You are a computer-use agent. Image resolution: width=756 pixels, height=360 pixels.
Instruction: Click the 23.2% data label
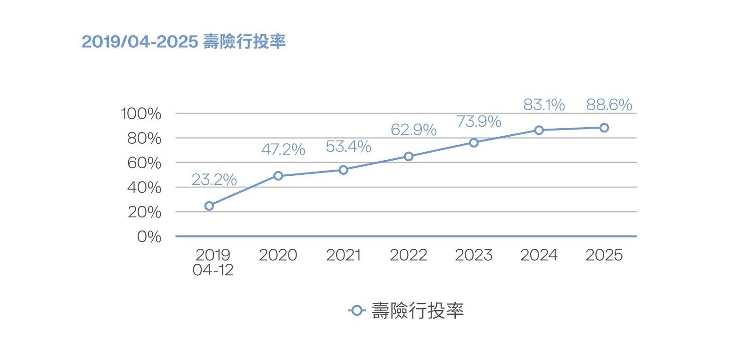(214, 180)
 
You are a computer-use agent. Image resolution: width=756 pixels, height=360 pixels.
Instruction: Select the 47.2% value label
(283, 149)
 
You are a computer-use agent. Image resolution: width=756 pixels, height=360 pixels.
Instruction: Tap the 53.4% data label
(348, 147)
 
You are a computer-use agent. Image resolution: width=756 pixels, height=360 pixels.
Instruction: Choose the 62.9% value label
(413, 130)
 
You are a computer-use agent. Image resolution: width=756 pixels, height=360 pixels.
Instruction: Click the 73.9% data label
(479, 122)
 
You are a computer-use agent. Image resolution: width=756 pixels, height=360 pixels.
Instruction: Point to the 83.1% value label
(544, 105)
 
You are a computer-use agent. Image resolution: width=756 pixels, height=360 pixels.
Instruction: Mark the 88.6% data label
(609, 105)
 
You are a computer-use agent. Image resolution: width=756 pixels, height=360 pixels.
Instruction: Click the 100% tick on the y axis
(141, 114)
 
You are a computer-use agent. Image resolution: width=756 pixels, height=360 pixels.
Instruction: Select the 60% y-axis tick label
(144, 163)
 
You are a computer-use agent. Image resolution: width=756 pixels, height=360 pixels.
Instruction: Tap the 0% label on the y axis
(149, 237)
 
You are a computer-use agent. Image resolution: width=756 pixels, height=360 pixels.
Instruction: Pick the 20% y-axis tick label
(144, 212)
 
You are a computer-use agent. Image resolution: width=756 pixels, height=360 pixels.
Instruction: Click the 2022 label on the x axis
(408, 255)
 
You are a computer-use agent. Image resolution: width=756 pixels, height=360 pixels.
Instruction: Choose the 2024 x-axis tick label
(539, 255)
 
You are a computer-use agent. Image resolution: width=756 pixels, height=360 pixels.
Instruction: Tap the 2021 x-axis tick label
(343, 255)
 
